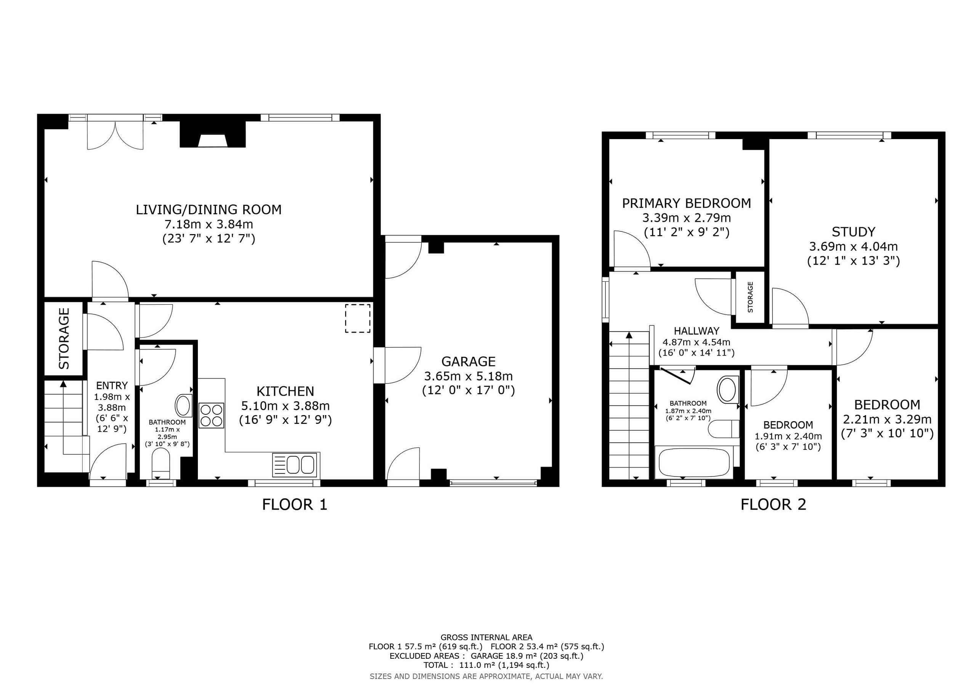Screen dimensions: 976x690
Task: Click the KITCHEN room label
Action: (x=285, y=391)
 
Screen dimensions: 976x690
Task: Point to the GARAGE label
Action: (x=469, y=361)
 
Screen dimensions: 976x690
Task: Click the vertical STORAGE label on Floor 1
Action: (x=64, y=339)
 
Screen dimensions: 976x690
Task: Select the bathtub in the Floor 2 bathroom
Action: (x=694, y=462)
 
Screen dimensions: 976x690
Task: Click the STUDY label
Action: (x=853, y=232)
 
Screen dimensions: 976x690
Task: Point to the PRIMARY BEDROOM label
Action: (x=687, y=203)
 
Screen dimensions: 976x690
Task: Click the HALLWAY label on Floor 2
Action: (x=697, y=331)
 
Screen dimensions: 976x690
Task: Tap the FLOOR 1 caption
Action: (x=295, y=505)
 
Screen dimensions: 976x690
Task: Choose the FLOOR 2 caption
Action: (x=773, y=505)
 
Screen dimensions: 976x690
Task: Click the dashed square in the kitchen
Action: (x=358, y=318)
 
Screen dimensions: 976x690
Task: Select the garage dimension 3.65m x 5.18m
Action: (x=469, y=376)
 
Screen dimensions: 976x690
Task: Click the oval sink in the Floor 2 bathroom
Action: (x=728, y=389)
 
